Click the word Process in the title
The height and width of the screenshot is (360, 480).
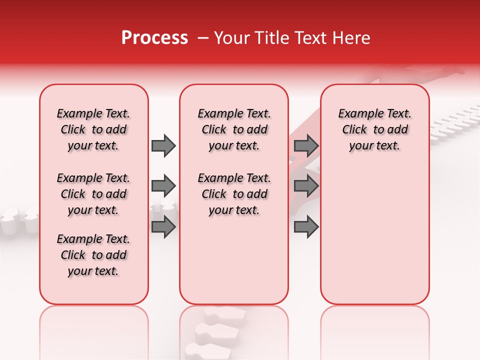click(x=154, y=38)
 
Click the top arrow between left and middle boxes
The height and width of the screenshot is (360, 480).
click(x=163, y=145)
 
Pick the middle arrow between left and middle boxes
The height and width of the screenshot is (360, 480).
click(x=163, y=186)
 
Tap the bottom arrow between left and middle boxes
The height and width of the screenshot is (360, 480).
click(x=163, y=227)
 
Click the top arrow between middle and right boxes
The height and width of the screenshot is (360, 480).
click(x=306, y=145)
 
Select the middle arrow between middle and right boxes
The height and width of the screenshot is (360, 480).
click(x=306, y=186)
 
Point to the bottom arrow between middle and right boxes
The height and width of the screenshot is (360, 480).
click(x=306, y=227)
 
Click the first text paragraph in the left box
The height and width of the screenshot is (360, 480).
click(x=93, y=129)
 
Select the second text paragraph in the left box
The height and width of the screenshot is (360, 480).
click(x=93, y=194)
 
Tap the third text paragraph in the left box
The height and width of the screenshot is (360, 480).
click(x=93, y=255)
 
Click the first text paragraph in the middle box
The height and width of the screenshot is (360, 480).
click(x=234, y=129)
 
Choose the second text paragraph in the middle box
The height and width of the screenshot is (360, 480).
click(x=234, y=194)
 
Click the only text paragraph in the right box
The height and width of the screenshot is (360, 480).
click(x=374, y=129)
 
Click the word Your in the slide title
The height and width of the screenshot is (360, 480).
click(x=230, y=38)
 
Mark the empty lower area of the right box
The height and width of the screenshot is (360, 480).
click(x=374, y=235)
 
